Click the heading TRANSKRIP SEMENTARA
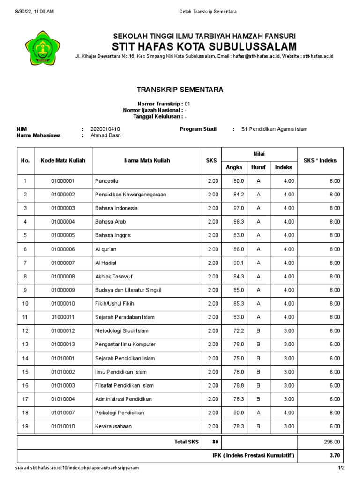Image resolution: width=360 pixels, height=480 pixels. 180,90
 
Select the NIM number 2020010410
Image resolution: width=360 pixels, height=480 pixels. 105,129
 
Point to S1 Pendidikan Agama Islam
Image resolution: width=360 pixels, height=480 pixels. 274,129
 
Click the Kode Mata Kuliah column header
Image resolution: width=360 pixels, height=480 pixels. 63,160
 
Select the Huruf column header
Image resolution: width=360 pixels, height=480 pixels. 258,167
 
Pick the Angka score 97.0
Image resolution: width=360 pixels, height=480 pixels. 239,208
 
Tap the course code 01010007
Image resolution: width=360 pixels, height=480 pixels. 63,413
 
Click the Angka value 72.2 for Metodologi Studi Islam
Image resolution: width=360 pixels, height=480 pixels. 239,331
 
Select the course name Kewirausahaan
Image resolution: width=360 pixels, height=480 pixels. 113,427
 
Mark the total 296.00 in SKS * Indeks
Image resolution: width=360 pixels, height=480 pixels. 331,442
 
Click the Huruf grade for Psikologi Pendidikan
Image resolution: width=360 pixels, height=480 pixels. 258,413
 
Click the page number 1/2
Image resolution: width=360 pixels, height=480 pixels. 341,468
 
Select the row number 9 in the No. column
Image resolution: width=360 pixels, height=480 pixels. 25,290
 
